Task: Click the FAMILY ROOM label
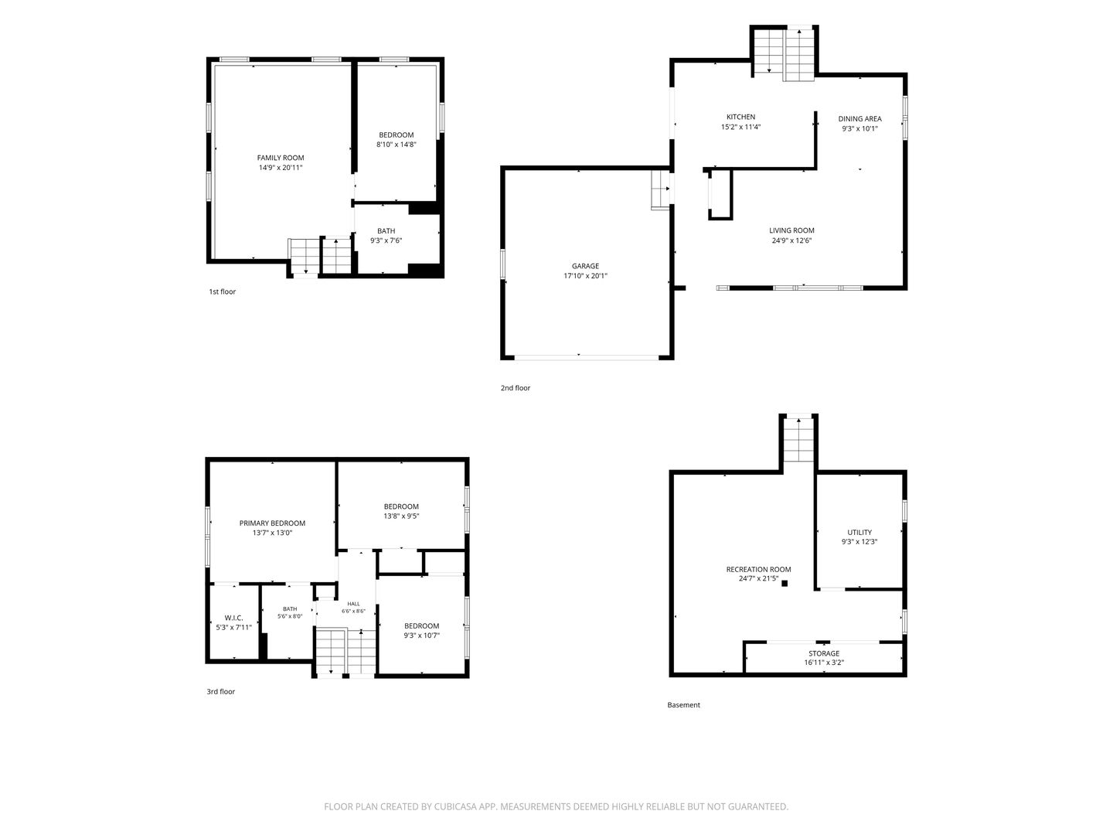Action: [281, 158]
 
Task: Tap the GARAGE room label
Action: [585, 266]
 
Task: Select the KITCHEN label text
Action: [740, 117]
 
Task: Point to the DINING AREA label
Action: [859, 118]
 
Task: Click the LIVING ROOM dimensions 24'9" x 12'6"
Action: [791, 240]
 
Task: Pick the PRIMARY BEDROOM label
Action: [272, 523]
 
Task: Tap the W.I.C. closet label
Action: [233, 618]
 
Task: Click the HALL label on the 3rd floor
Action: [353, 604]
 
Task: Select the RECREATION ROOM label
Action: [758, 569]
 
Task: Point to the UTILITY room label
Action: [859, 533]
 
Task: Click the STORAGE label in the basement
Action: [823, 653]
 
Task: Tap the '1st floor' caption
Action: [222, 291]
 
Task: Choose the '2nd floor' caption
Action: [516, 388]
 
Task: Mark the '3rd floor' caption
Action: [220, 691]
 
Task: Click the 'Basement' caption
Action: [683, 704]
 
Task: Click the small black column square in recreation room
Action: [785, 584]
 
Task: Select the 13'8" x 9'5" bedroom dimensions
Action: [401, 516]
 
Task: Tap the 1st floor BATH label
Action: [386, 230]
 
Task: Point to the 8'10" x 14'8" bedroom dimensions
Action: [396, 145]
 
